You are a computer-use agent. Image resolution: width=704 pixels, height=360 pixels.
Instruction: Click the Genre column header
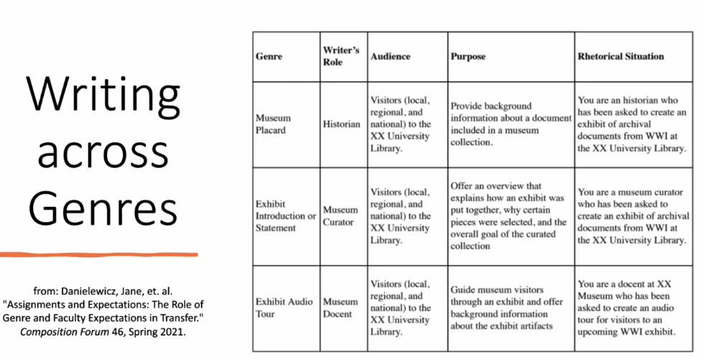coord(269,56)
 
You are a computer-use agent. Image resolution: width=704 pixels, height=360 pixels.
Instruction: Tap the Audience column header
coord(390,56)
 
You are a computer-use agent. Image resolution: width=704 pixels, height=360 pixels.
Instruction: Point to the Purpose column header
coord(468,56)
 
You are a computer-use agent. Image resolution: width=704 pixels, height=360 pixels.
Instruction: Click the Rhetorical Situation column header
coord(621,56)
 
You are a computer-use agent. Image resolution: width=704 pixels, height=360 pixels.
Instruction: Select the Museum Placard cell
coord(274,124)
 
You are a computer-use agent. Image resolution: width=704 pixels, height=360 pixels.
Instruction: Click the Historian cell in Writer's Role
coord(342,124)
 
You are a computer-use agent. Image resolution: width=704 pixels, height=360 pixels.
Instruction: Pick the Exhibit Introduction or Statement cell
coord(285,216)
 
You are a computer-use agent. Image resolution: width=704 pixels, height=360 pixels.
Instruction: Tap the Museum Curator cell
coord(339,216)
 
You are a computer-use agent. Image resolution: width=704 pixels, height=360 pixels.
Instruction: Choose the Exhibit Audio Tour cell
coord(284,308)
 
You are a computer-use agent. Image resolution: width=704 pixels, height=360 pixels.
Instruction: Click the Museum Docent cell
coord(339,308)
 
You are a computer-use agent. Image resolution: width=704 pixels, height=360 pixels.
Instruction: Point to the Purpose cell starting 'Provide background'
coord(511,124)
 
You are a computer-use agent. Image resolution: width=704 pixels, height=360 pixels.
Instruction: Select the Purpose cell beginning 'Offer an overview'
coord(510,216)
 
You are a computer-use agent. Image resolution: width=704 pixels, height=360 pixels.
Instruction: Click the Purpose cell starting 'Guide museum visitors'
coord(510,308)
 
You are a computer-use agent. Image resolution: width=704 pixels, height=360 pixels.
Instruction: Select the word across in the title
coord(103,152)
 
